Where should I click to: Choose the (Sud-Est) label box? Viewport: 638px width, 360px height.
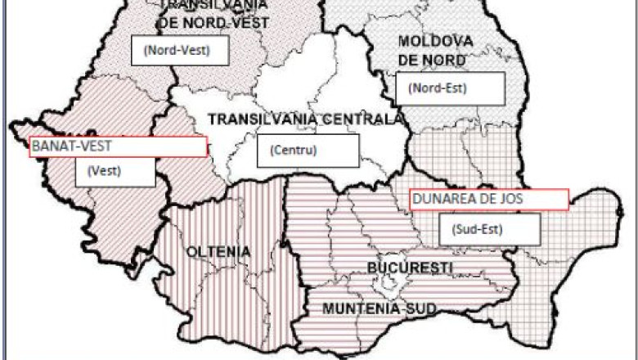pyautogui.click(x=488, y=229)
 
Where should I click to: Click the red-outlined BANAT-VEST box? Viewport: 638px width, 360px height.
pyautogui.click(x=118, y=146)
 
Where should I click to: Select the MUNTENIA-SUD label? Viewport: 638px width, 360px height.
pyautogui.click(x=379, y=308)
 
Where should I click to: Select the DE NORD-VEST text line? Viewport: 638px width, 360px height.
pyautogui.click(x=214, y=22)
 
